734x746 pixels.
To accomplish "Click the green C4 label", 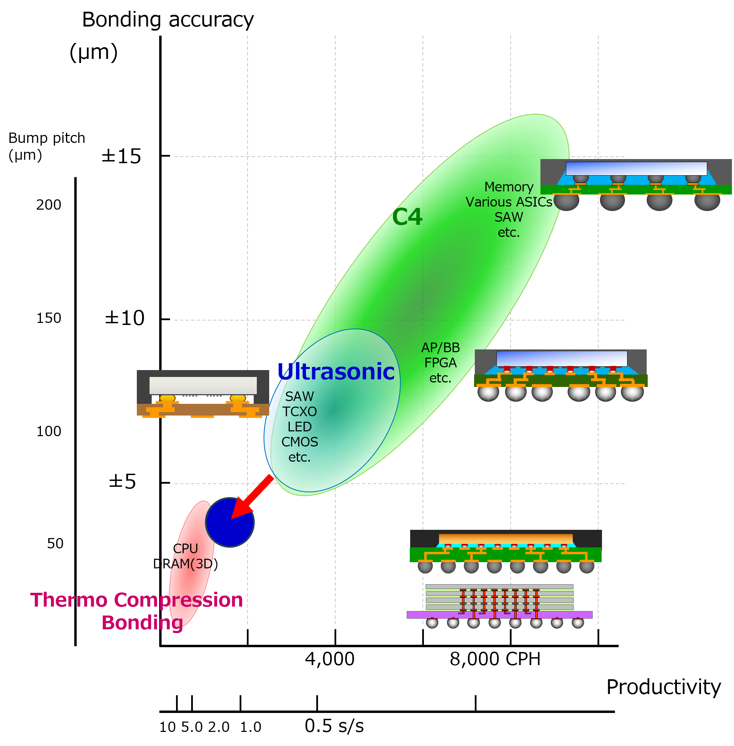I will (x=407, y=217).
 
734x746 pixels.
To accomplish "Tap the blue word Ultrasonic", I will (x=336, y=372).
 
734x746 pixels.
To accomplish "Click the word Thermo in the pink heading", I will (x=69, y=600).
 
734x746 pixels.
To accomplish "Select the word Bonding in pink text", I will (x=142, y=622).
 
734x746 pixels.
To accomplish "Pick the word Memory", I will (x=509, y=187).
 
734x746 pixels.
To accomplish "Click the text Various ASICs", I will (x=509, y=202).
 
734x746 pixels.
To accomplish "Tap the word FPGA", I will (x=441, y=363).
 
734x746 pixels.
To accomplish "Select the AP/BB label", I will (x=441, y=348).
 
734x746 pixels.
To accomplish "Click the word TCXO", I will (x=299, y=412).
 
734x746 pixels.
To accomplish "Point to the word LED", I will (x=299, y=427).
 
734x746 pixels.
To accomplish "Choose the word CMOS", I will (x=299, y=442).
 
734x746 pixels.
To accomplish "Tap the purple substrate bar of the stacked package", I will (x=499, y=615).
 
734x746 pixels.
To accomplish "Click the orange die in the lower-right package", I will (x=505, y=539).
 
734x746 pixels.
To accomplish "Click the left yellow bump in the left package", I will (x=167, y=398).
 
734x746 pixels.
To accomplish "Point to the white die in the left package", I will (x=203, y=385).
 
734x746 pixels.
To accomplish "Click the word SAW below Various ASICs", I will (x=509, y=217).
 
